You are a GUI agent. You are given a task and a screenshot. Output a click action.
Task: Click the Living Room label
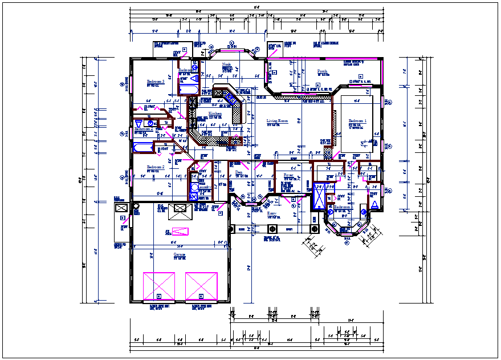tap(278, 121)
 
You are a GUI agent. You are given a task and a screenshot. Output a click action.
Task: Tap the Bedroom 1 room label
tap(357, 121)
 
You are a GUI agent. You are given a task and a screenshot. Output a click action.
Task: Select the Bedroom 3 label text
tap(155, 82)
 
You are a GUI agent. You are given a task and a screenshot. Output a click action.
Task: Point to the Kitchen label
tap(215, 114)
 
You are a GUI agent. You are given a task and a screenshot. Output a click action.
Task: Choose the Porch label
tap(322, 71)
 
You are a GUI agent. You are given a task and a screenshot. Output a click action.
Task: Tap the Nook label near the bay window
tap(226, 64)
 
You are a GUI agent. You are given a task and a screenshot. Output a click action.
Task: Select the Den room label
tap(239, 172)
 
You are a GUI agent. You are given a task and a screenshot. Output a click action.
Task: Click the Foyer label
tap(289, 175)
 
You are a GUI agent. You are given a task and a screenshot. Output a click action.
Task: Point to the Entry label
tap(272, 213)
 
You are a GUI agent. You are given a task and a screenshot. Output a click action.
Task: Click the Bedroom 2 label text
tap(155, 167)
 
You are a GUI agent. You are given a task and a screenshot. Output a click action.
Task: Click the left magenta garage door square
tap(159, 285)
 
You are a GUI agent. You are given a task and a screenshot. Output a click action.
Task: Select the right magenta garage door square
tap(202, 285)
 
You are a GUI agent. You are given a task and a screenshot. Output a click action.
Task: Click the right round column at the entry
tap(313, 229)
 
